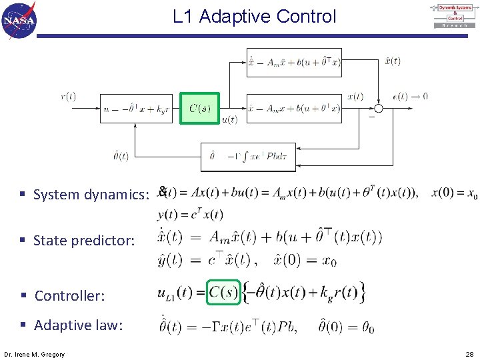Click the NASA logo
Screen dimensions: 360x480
pyautogui.click(x=19, y=20)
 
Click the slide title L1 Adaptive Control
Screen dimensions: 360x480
pyautogui.click(x=254, y=17)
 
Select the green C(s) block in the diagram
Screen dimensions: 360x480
pyautogui.click(x=199, y=108)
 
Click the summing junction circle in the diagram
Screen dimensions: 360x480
pyautogui.click(x=379, y=109)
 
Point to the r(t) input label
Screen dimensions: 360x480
pyautogui.click(x=68, y=97)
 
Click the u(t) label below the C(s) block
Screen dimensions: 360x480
pyautogui.click(x=229, y=121)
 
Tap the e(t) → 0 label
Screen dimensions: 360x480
pyautogui.click(x=410, y=97)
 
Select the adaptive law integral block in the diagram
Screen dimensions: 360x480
pyautogui.click(x=247, y=157)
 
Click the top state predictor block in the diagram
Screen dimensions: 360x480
pyautogui.click(x=294, y=62)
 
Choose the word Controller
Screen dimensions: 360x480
pyautogui.click(x=69, y=295)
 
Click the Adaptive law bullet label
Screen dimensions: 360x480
pyautogui.click(x=78, y=325)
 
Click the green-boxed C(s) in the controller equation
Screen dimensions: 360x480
pyautogui.click(x=223, y=293)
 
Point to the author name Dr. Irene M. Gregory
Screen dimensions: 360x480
pyautogui.click(x=34, y=354)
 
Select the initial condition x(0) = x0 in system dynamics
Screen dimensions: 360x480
pyautogui.click(x=454, y=194)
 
